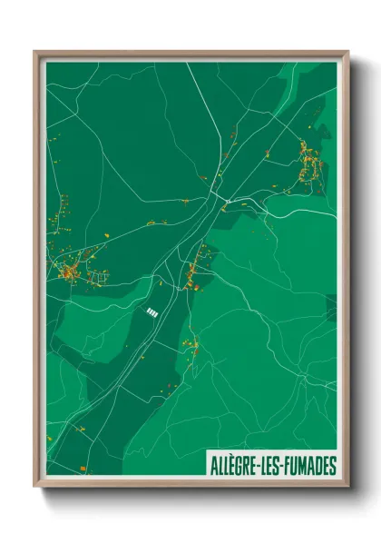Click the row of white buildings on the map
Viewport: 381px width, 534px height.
click(x=151, y=312)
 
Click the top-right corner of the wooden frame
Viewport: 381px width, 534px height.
click(x=347, y=53)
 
